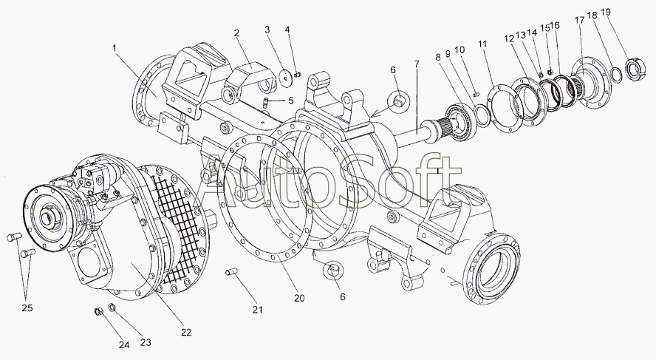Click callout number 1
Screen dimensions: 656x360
point(115,49)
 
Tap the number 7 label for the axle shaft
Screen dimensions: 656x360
point(416,64)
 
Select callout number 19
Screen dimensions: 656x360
point(605,12)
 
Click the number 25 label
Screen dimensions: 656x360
point(27,308)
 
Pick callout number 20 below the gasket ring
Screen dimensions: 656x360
point(299,298)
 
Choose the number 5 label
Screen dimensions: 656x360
point(292,101)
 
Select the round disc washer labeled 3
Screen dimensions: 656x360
point(286,78)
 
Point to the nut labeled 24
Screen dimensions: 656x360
point(99,312)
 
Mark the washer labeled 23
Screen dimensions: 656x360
point(112,308)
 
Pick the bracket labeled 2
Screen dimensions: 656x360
point(247,78)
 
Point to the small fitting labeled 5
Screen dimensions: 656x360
point(266,103)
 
